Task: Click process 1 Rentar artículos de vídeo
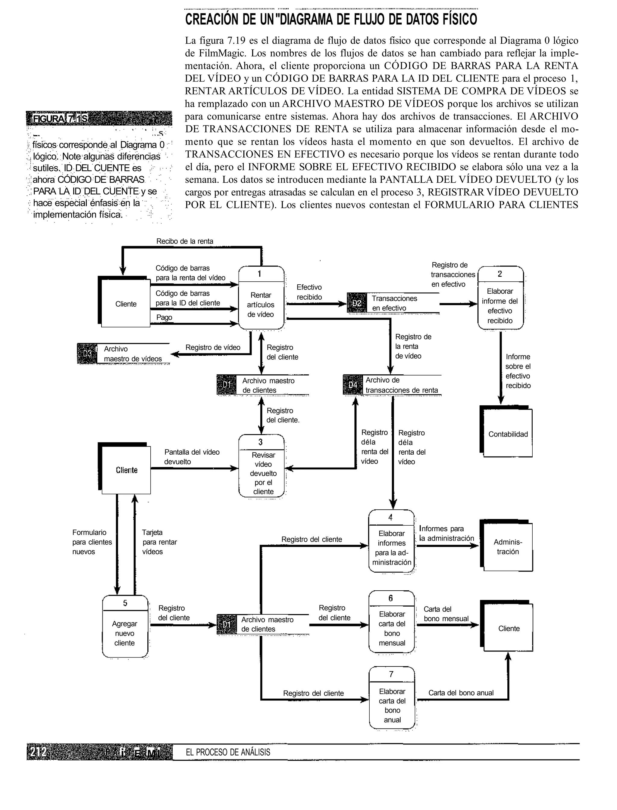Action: coord(261,298)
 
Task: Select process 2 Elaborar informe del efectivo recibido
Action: coord(500,298)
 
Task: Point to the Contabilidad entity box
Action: coord(508,434)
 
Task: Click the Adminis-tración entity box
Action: coord(508,547)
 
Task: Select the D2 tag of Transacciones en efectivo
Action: coord(357,303)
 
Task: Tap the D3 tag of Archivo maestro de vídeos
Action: coord(87,354)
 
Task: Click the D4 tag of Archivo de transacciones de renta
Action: coord(352,385)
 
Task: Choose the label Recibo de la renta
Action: coord(184,241)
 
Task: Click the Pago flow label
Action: coord(164,317)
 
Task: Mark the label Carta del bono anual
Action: coord(461,693)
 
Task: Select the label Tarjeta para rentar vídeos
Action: coord(159,542)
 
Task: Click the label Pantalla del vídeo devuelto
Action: coord(191,457)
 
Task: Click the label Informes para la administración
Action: coord(446,533)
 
